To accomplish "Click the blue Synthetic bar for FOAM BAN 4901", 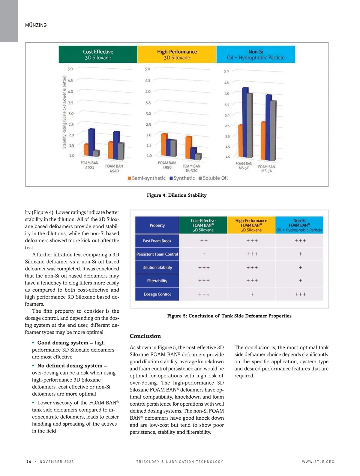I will (x=91, y=142).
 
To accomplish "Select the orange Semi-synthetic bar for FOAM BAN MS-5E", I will (x=240, y=141).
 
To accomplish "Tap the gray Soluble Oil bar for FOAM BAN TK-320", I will (x=198, y=156).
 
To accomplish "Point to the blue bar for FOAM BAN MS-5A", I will (x=268, y=127).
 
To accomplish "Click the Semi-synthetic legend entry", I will (x=147, y=178).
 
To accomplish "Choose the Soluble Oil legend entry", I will (x=213, y=178).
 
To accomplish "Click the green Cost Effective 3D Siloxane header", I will (x=98, y=55).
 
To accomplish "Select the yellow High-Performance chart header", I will (x=177, y=55).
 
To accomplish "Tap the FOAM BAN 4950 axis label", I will (x=167, y=165).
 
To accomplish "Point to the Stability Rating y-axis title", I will (x=64, y=112).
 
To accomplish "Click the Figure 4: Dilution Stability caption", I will (x=177, y=195).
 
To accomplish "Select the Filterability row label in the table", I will (x=157, y=281).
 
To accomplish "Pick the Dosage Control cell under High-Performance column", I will (x=252, y=294).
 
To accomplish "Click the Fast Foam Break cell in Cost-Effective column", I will (x=204, y=241).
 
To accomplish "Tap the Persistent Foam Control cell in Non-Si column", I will (x=300, y=254).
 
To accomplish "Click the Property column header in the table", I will (x=157, y=225).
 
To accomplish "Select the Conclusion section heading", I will (x=145, y=336).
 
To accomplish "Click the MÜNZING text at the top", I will (x=36, y=25).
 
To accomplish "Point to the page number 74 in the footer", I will (x=29, y=462).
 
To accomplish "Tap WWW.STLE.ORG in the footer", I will (x=318, y=462).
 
